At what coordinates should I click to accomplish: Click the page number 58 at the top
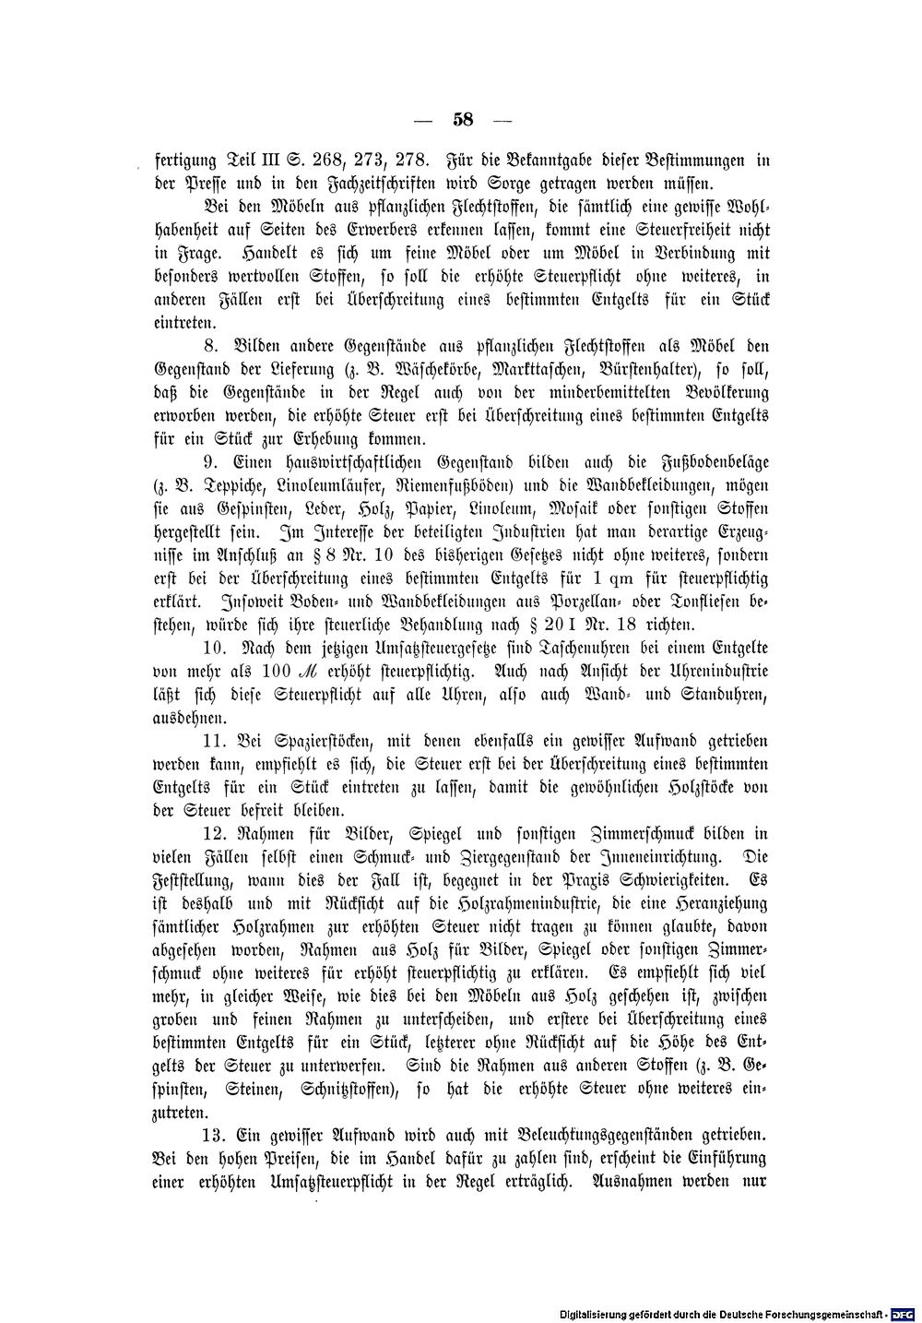463,119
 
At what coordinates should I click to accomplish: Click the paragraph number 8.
210,346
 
